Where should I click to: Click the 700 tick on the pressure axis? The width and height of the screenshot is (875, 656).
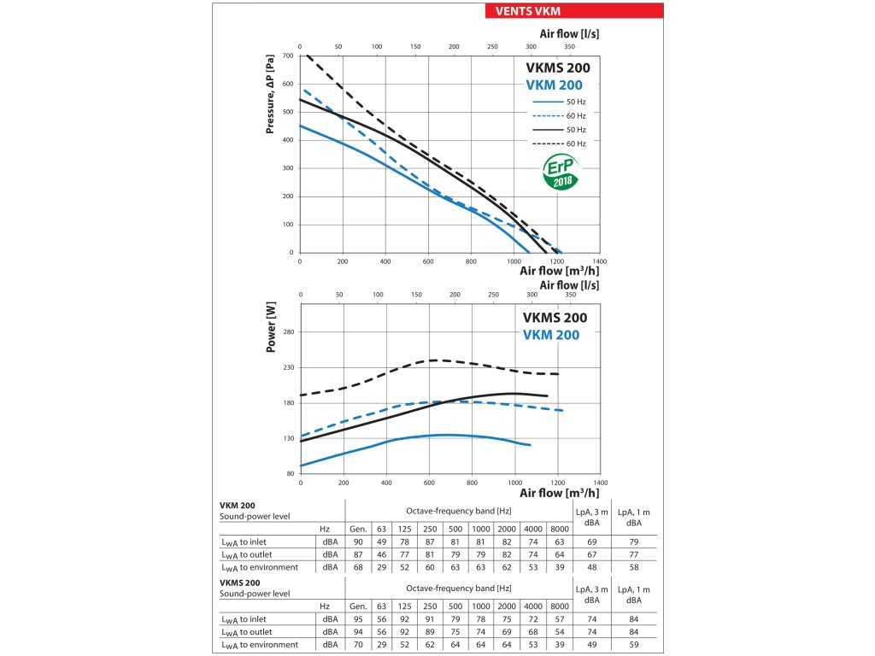(287, 56)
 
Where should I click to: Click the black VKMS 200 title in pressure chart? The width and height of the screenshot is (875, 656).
(556, 67)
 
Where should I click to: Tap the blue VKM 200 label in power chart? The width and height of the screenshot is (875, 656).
(550, 335)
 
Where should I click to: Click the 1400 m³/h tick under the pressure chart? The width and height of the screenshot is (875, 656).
(600, 261)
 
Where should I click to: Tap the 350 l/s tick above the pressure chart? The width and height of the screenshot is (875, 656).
(570, 47)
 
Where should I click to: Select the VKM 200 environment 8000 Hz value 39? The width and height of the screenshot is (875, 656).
(559, 567)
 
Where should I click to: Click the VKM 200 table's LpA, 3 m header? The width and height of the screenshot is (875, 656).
(591, 518)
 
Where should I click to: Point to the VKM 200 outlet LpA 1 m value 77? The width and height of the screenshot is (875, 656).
(634, 554)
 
